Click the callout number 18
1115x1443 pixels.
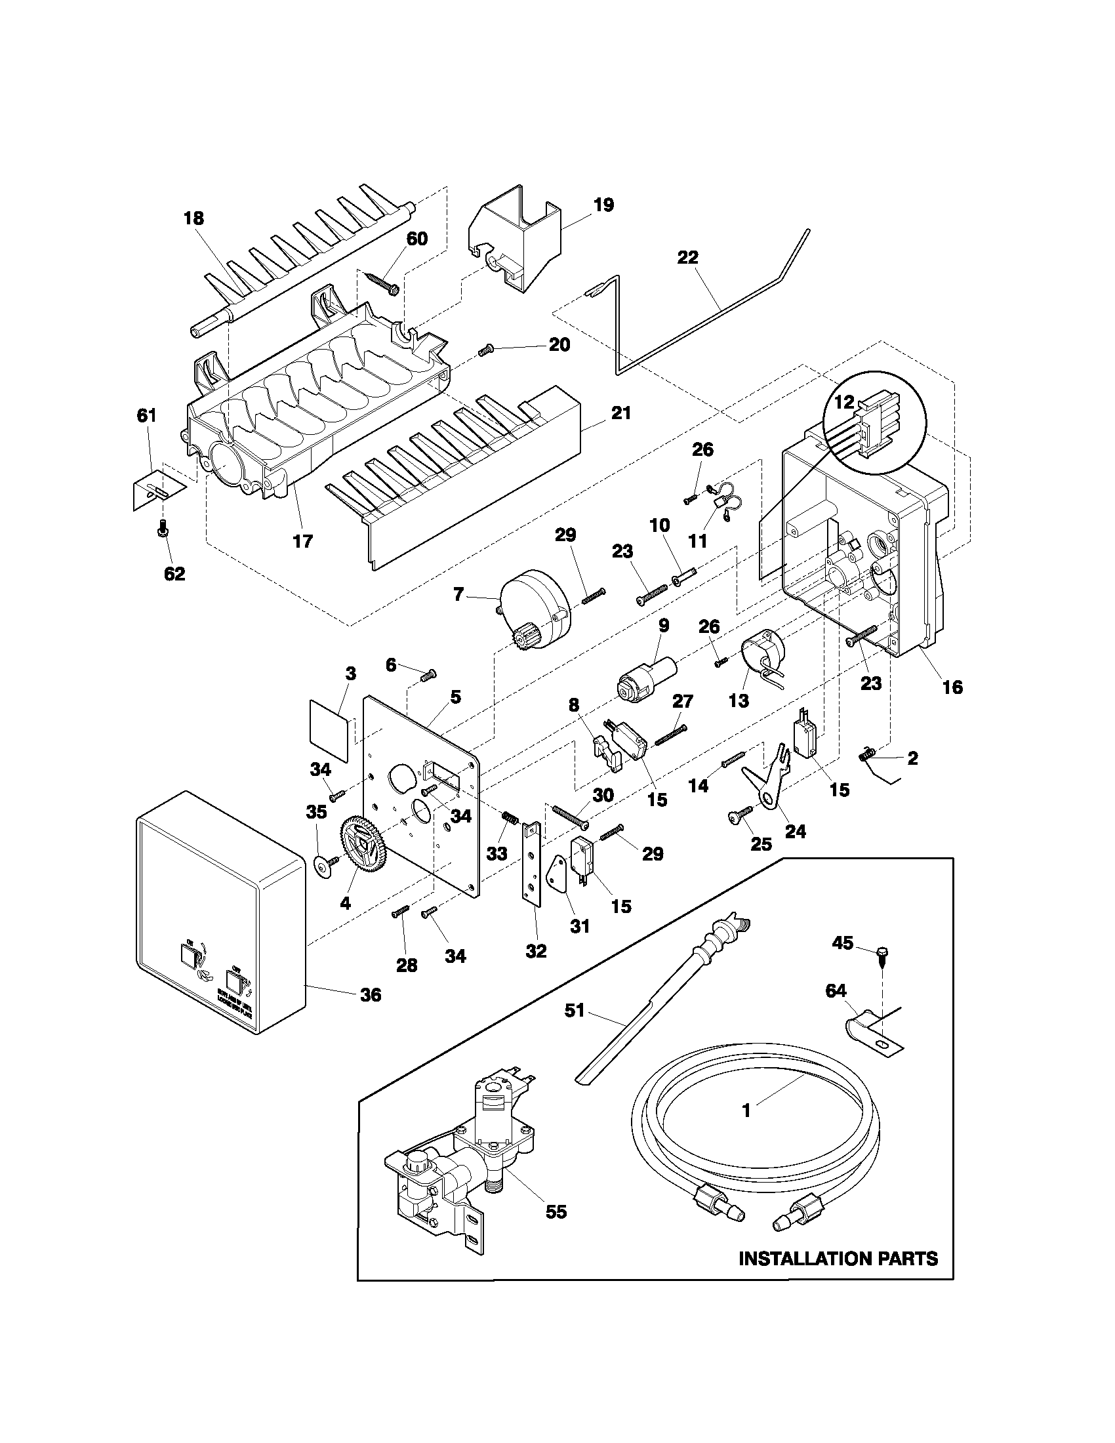pyautogui.click(x=193, y=218)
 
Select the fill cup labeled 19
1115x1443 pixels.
pyautogui.click(x=516, y=245)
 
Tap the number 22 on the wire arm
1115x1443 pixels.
pyautogui.click(x=687, y=257)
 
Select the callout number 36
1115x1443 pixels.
pyautogui.click(x=371, y=994)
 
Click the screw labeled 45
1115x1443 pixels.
pyautogui.click(x=880, y=954)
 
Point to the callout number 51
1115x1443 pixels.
pyautogui.click(x=574, y=1010)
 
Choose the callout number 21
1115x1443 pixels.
pyautogui.click(x=621, y=413)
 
